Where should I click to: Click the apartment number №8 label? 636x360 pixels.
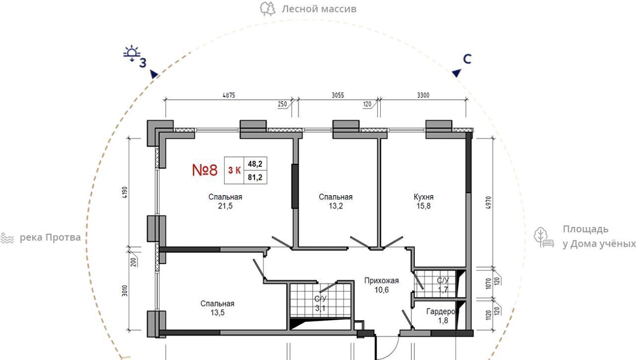(x=205, y=170)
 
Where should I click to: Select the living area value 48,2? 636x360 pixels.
(x=255, y=164)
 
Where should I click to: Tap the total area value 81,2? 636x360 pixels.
(x=255, y=177)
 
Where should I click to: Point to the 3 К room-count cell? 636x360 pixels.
(x=234, y=170)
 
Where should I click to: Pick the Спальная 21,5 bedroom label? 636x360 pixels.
(x=225, y=202)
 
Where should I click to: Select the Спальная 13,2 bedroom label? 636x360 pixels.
(x=335, y=202)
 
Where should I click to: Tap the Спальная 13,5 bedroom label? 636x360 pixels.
(x=217, y=308)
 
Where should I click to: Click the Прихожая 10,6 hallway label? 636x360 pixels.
(x=381, y=285)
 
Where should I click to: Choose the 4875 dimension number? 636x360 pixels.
(x=229, y=95)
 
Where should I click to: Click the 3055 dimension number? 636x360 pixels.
(x=338, y=95)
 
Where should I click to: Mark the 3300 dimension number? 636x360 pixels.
(x=423, y=95)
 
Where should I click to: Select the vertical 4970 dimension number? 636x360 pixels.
(x=488, y=203)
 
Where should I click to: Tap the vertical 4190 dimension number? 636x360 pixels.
(x=125, y=192)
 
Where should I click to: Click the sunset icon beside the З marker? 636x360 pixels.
(x=132, y=53)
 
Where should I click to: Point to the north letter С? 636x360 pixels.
(x=467, y=59)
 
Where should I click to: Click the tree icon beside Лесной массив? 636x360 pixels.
(x=268, y=9)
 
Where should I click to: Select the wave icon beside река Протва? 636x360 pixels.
(x=7, y=238)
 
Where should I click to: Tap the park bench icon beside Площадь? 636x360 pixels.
(x=544, y=237)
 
